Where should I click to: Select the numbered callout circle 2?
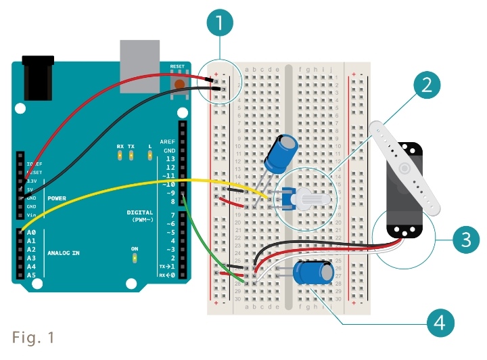[x=425, y=85]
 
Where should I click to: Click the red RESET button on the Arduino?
[x=179, y=83]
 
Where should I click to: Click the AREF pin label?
[x=167, y=142]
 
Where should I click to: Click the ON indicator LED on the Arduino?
[x=135, y=258]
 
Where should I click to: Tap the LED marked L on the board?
[x=149, y=156]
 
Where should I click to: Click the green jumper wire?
[x=203, y=244]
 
